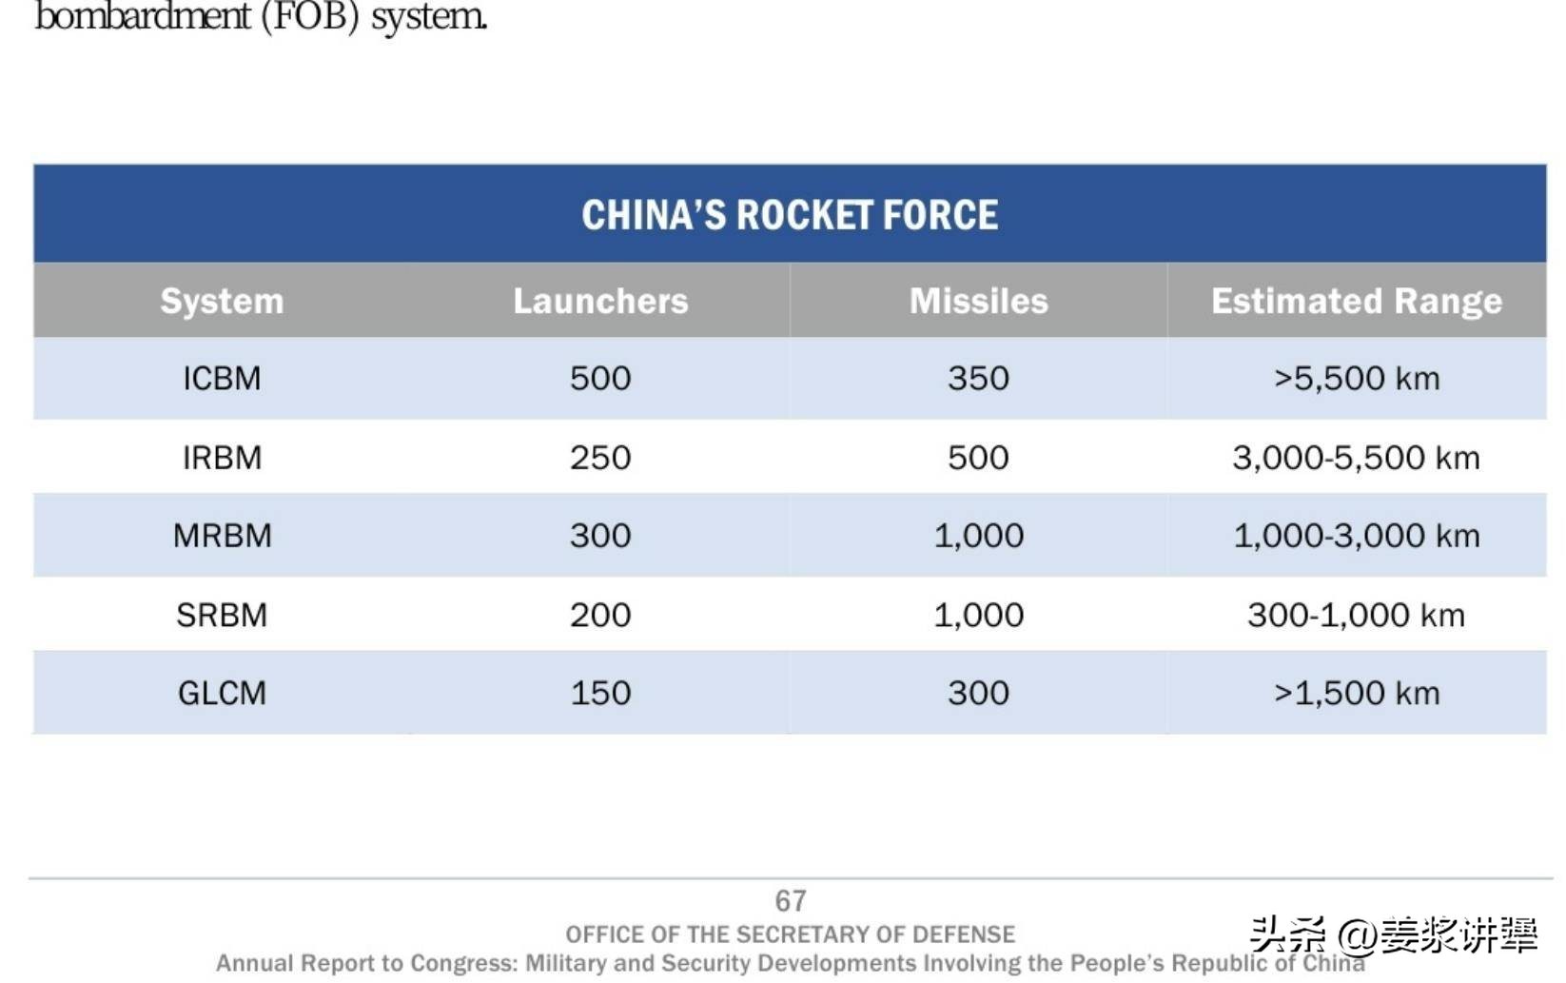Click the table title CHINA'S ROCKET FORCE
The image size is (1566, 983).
tap(790, 215)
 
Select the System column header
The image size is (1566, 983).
tap(222, 301)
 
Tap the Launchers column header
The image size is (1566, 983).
tap(600, 301)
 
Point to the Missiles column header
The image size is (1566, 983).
tap(978, 301)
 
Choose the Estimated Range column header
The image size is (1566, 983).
tap(1356, 301)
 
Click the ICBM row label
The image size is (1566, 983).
tap(222, 379)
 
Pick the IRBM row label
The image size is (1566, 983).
tap(222, 458)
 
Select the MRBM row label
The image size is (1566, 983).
tap(222, 536)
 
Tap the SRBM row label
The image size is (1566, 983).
tap(222, 615)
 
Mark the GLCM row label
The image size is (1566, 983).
tap(222, 693)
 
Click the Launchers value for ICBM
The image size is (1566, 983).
tap(600, 379)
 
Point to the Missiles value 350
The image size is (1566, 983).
tap(978, 379)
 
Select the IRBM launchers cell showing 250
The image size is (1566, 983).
tap(600, 458)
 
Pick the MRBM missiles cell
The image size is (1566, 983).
tap(978, 536)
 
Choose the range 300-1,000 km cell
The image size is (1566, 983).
tap(1356, 615)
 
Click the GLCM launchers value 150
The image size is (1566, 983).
tap(600, 693)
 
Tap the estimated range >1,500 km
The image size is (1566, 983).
tap(1356, 693)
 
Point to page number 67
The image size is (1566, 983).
tap(791, 900)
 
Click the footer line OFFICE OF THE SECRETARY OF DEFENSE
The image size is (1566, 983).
tap(790, 934)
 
